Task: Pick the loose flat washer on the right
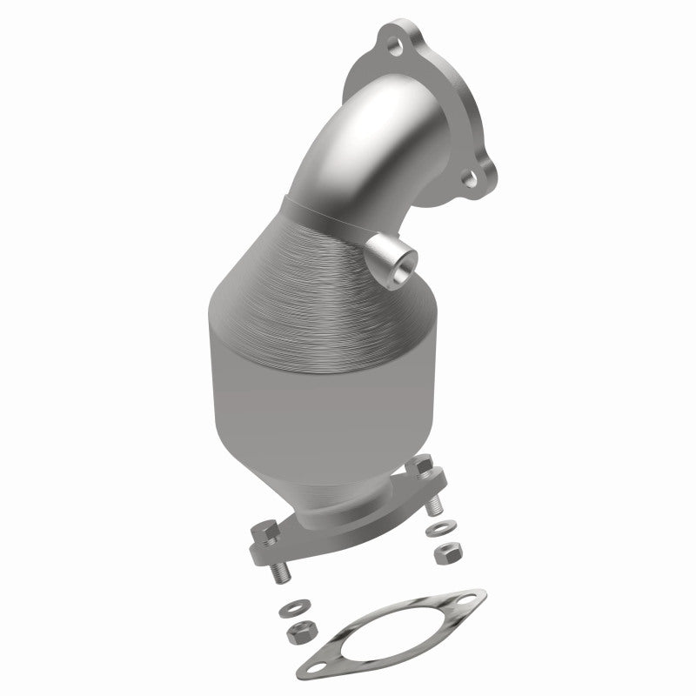point(434,529)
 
